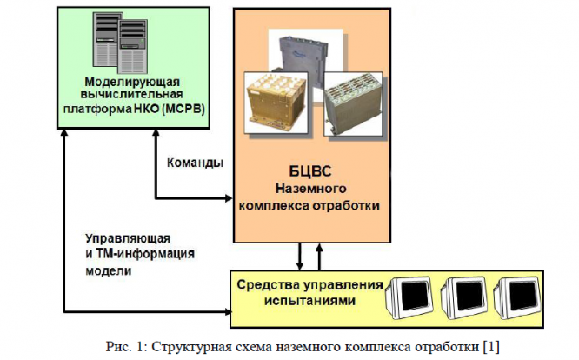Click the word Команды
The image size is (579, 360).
click(195, 163)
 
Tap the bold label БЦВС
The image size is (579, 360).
click(310, 171)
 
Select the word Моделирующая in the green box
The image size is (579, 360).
click(132, 82)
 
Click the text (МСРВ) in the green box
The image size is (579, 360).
click(183, 110)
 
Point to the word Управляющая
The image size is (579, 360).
click(128, 239)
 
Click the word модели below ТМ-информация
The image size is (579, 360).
click(109, 270)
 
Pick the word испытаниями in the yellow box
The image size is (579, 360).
click(309, 301)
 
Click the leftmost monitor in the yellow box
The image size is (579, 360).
click(409, 297)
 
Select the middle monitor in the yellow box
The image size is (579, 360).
click(465, 297)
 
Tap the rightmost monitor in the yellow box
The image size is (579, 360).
click(517, 297)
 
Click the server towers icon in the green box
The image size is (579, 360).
click(120, 43)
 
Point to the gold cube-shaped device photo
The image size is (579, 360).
click(276, 103)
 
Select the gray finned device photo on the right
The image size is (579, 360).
click(353, 104)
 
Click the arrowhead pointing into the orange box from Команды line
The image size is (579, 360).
click(229, 198)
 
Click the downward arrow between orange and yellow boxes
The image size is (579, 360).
click(300, 257)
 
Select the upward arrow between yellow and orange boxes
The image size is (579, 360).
click(319, 257)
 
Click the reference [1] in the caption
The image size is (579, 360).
click(491, 347)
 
